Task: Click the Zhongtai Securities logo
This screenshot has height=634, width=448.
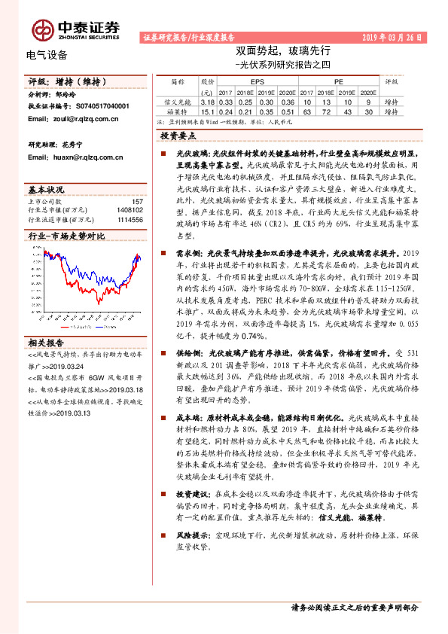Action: [x=75, y=29]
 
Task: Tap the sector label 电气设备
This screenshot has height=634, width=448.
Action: [x=46, y=54]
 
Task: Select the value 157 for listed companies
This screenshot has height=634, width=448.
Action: [x=137, y=202]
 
